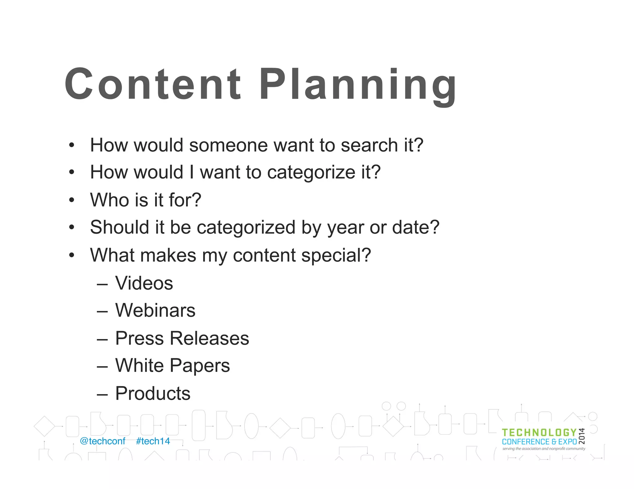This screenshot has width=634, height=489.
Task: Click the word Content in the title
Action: click(153, 84)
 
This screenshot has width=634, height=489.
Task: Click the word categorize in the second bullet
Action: click(311, 172)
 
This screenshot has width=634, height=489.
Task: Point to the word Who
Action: click(109, 200)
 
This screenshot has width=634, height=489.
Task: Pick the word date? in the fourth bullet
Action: click(416, 227)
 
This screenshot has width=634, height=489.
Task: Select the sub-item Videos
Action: click(144, 283)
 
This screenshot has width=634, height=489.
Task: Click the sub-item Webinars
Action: click(155, 310)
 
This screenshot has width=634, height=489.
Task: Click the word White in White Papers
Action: click(139, 365)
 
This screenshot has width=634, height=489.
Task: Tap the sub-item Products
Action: click(153, 393)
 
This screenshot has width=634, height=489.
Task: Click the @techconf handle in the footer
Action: click(102, 441)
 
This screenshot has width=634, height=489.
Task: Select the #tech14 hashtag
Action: click(153, 441)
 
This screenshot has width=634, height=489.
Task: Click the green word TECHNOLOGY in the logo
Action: click(539, 433)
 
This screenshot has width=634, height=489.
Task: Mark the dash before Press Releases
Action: click(102, 339)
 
